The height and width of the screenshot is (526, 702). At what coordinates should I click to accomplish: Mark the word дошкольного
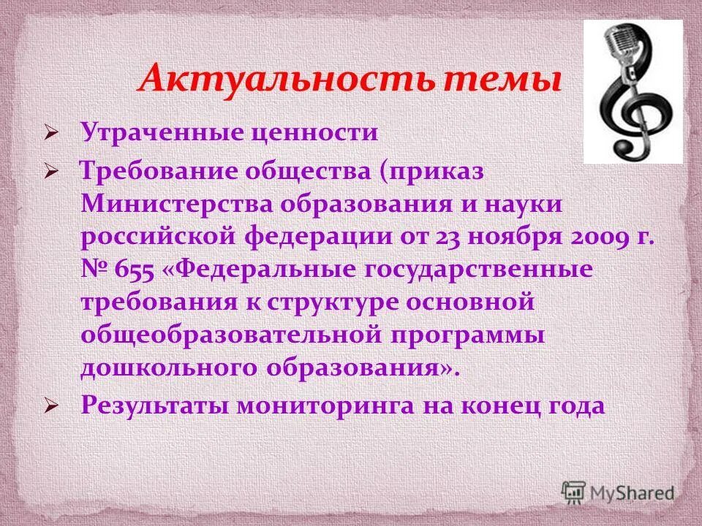pos(162,369)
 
